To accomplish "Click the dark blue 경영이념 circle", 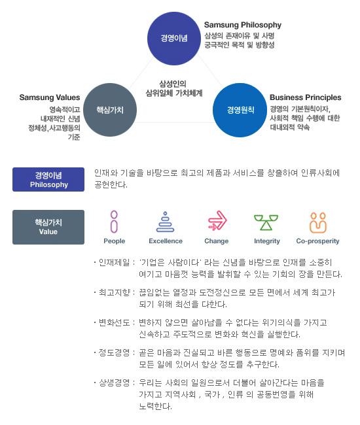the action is coord(174,39).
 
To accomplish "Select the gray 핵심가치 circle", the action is coord(110,110).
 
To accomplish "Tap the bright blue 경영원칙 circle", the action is coord(240,110).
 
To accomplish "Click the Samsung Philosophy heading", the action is coord(243,25).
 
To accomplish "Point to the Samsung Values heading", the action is coord(50,97).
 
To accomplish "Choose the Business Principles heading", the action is coord(306,97).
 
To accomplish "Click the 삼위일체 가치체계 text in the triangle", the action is coord(174,93).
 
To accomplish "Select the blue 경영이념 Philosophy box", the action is coord(48,179).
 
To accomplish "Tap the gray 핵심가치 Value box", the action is coord(48,227).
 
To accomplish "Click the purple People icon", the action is coord(114,222).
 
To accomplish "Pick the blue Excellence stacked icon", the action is coord(165,222).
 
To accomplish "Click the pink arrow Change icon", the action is coord(217,220).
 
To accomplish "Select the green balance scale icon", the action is coord(266,222).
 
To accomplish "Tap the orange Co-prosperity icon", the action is coord(318,223).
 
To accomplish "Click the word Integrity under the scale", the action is coord(267,241).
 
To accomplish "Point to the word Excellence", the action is coord(166,241).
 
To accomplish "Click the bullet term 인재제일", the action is coord(114,262).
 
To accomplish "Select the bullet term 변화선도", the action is coord(114,322).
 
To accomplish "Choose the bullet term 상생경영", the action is coord(114,382).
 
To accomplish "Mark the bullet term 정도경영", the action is coord(114,352).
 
